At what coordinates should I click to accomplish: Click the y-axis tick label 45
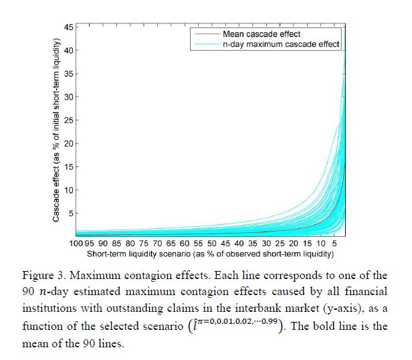coord(68,27)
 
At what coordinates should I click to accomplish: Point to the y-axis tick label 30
coord(68,97)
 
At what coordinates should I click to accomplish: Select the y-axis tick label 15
coord(68,167)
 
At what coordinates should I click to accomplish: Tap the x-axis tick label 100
coord(77,244)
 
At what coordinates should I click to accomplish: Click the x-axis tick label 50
coord(211,244)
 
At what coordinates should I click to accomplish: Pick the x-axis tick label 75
coord(144,244)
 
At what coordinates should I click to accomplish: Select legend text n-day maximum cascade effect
coord(281,44)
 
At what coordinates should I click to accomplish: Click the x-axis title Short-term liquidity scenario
coord(210,255)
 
